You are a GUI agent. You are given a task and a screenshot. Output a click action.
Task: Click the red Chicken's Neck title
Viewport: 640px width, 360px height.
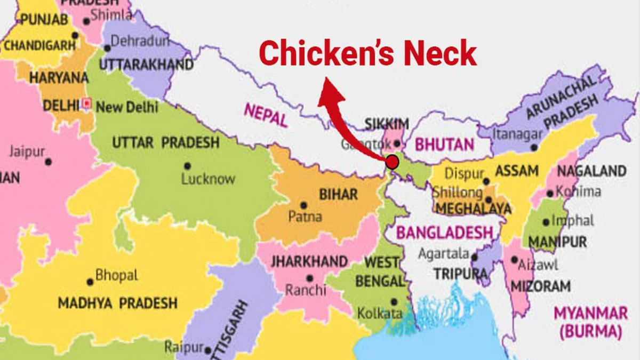[x=368, y=54]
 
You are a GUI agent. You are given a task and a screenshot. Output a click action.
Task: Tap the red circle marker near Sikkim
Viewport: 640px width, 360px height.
[x=392, y=161]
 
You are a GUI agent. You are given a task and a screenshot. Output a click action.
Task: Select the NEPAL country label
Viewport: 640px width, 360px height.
[x=266, y=115]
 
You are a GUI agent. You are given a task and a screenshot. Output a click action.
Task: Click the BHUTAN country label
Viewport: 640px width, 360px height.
[x=444, y=144]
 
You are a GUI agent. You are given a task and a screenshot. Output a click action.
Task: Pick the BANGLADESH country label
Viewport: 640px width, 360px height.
[x=444, y=233]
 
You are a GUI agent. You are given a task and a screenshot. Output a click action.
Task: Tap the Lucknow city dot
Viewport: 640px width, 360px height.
[x=187, y=166]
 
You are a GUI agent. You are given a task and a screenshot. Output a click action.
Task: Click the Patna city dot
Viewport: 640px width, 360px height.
[x=303, y=205]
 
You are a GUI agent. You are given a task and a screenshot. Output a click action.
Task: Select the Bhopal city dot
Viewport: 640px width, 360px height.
[x=90, y=282]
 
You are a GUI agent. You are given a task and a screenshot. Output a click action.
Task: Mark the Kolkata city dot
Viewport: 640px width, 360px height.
[x=394, y=301]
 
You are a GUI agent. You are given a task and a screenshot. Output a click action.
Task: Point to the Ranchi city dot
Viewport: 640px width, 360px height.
[x=309, y=277]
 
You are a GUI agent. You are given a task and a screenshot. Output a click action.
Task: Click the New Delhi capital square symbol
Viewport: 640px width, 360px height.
[x=88, y=102]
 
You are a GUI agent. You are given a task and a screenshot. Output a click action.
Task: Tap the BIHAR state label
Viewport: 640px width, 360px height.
[x=338, y=194]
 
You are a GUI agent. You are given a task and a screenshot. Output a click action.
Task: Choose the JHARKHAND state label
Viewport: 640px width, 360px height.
[x=309, y=262]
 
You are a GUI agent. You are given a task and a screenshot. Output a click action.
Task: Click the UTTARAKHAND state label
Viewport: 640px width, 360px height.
[x=146, y=65]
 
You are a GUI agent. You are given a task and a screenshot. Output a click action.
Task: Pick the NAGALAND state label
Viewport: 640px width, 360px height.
[x=591, y=171]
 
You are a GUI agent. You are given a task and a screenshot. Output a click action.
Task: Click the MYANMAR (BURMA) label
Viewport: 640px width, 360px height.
[x=590, y=322]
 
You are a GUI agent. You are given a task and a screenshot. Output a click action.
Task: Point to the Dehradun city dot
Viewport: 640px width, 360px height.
[x=107, y=48]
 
